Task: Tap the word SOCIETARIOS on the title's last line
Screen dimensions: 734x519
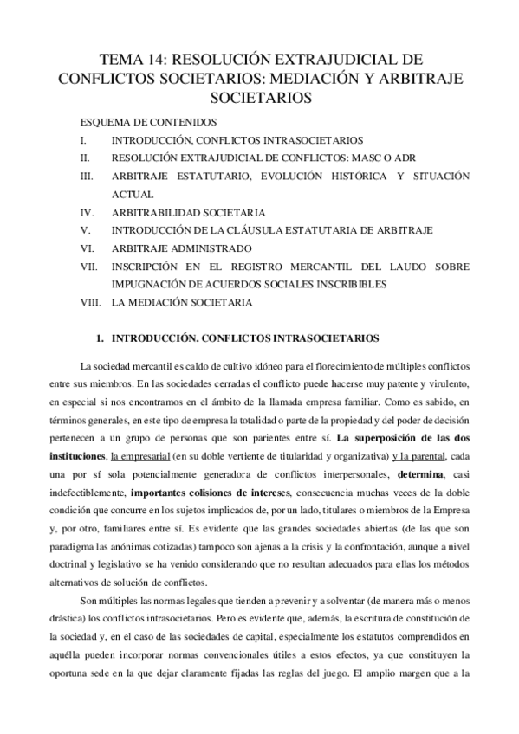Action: (x=260, y=97)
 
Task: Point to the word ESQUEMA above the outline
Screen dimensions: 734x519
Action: (x=105, y=122)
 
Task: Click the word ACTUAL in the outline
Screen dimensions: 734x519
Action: (x=131, y=194)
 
